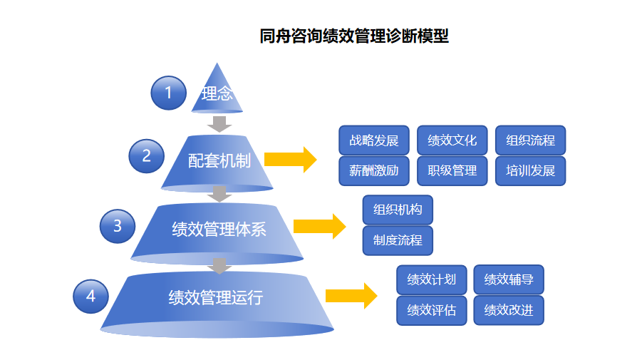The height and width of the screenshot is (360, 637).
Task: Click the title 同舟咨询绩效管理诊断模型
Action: coord(354,36)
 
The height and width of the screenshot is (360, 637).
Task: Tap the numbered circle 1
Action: coord(168,93)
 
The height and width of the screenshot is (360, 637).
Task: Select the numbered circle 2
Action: coord(147,156)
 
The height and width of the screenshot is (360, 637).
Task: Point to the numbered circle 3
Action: coord(118,227)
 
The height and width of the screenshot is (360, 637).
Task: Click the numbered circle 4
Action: coord(90,296)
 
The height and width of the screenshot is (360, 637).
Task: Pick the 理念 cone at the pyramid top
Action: coord(217,93)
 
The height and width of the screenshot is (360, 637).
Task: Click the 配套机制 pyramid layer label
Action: coord(219,161)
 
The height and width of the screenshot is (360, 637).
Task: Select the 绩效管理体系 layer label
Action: coord(219,229)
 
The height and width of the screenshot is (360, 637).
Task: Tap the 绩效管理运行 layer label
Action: coord(216,297)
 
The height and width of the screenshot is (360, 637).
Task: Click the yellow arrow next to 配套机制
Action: coord(290,160)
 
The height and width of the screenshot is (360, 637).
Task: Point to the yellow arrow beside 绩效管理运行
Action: coord(351,296)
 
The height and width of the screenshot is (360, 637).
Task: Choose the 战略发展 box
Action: coord(374,140)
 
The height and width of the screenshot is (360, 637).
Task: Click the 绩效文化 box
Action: coord(452,140)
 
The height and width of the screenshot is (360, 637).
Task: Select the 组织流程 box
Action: coord(530,140)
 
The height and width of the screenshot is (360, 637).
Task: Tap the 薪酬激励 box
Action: coord(374,171)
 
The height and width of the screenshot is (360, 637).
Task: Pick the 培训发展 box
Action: coord(530,171)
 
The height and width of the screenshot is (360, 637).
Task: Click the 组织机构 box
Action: coord(398,210)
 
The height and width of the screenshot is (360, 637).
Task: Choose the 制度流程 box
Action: coord(398,240)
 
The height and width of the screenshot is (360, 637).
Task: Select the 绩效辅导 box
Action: coord(509,279)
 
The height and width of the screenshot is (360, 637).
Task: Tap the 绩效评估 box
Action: coord(431,310)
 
